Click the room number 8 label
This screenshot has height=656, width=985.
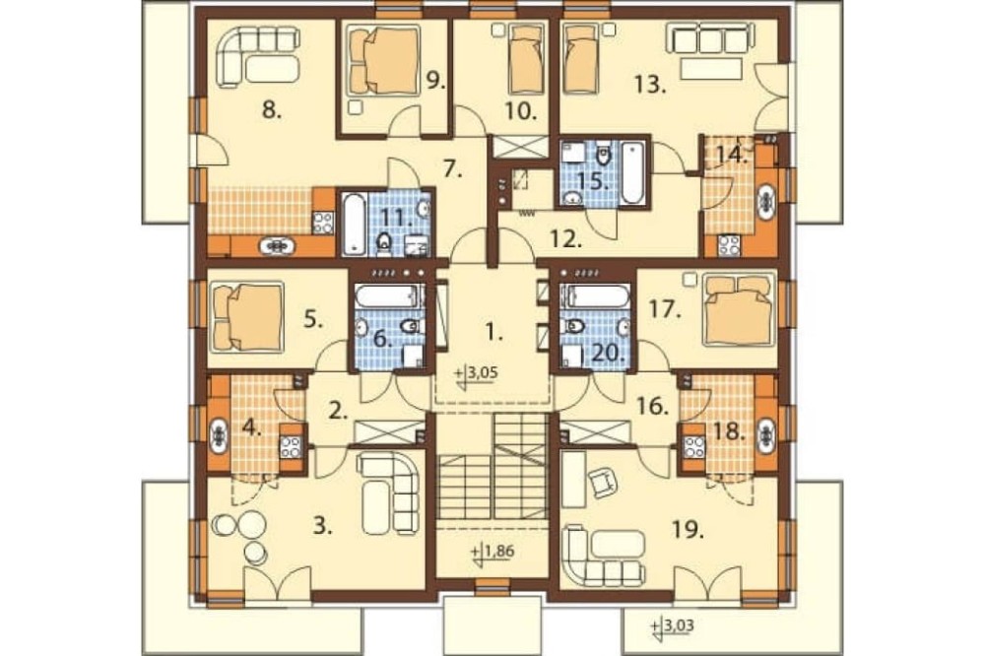pos(272,111)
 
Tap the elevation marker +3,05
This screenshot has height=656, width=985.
pos(478,374)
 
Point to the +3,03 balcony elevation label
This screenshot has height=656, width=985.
pos(674,626)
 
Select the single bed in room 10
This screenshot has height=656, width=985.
pos(525,58)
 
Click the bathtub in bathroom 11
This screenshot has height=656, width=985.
pos(354,225)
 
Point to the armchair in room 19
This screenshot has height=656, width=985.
pos(602,483)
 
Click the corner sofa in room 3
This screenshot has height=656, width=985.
pos(389,492)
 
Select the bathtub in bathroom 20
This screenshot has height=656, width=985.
pos(597,295)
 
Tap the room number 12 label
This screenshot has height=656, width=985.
pos(566,239)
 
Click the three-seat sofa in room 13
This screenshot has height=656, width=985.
pos(711,40)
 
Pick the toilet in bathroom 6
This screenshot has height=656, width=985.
pos(410,325)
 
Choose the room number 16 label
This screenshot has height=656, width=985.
pos(653,406)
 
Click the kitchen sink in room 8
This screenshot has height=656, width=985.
pos(277,245)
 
